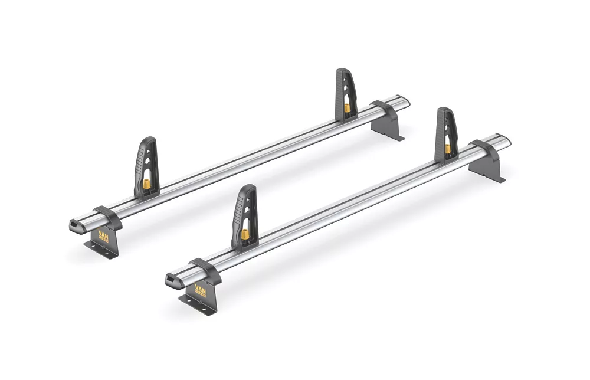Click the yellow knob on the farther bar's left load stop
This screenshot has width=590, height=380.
146,184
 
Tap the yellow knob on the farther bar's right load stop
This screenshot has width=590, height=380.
346,108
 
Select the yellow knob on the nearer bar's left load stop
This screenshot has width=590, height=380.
244,234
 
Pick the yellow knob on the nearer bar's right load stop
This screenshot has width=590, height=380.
448,148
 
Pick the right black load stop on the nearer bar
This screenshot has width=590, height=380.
447,132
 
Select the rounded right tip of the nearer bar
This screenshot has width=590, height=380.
506,140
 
